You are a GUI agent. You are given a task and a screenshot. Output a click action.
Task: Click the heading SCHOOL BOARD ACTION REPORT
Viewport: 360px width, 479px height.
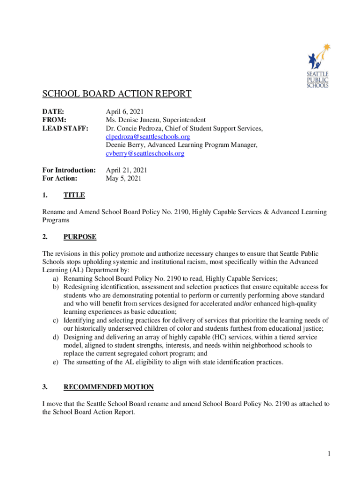point(117,94)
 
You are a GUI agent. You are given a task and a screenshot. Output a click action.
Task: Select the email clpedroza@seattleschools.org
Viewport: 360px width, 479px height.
point(148,137)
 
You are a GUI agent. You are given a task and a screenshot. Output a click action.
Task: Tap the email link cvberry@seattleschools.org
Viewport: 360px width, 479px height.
point(145,153)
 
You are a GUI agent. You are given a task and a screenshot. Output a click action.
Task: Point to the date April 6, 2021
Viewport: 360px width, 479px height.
point(125,111)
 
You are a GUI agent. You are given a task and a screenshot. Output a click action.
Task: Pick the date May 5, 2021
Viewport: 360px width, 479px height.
point(123,178)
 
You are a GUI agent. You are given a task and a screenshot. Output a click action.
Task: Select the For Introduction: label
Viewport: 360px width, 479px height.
point(69,170)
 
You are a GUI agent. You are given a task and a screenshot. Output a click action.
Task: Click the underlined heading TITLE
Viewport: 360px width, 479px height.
point(74,195)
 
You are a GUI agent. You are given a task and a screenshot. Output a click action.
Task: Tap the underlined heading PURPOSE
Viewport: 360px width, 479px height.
point(80,237)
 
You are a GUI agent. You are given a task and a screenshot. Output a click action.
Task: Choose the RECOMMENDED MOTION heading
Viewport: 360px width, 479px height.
point(108,387)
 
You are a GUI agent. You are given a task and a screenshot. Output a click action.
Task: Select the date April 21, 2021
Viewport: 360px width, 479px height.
point(127,170)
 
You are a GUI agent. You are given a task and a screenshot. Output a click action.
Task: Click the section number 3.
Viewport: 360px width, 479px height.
point(45,387)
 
